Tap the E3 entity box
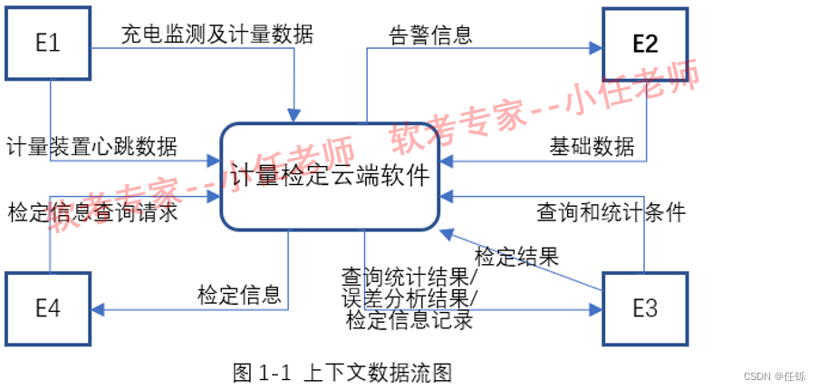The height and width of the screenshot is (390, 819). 645,307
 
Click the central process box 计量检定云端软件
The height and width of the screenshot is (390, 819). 331,175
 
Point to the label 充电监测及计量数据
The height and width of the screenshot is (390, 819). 217,35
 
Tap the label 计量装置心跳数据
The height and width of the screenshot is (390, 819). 92,145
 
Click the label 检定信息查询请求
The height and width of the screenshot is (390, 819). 92,213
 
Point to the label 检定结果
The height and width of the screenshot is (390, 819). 516,256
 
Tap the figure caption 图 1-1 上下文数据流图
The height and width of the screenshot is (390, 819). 342,372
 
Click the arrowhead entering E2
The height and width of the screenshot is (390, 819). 597,47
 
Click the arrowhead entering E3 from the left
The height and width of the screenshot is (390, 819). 597,309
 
